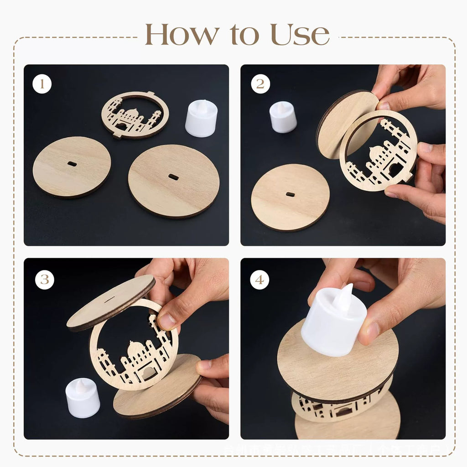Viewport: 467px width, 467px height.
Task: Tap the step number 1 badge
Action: click(x=42, y=84)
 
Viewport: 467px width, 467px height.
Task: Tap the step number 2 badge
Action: click(x=260, y=84)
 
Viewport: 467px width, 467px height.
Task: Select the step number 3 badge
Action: click(x=44, y=280)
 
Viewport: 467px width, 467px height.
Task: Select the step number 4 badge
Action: click(x=259, y=280)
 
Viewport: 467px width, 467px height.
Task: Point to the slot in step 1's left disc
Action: click(x=72, y=163)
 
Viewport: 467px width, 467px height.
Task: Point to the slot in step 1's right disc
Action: click(x=173, y=177)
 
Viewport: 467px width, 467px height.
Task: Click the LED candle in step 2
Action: click(x=283, y=117)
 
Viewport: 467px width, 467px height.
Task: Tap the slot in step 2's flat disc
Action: click(x=290, y=194)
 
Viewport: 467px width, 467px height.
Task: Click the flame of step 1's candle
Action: click(x=202, y=105)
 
